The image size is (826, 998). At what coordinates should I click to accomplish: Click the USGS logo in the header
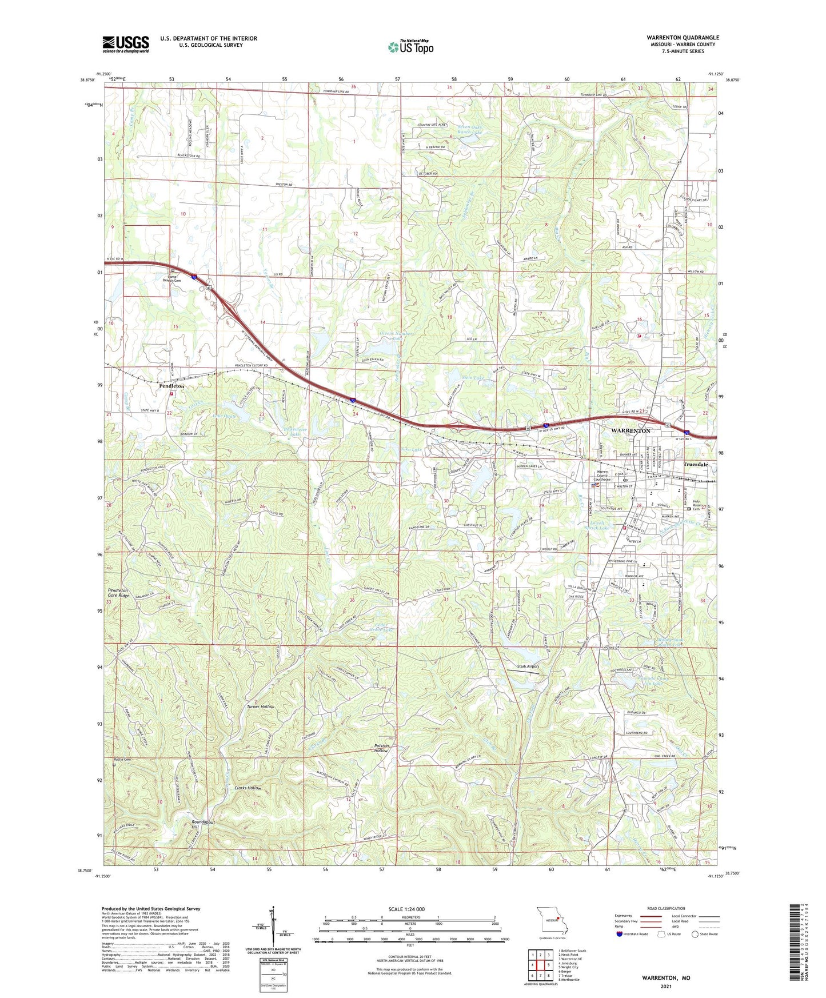[126, 44]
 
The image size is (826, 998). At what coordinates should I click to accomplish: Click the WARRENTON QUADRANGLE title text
[683, 38]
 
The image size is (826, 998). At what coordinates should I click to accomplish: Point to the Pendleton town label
[171, 386]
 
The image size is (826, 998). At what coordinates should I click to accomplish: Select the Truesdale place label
[696, 465]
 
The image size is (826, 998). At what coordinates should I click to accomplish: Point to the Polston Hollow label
[381, 748]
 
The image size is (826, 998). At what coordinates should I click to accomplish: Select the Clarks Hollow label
[248, 788]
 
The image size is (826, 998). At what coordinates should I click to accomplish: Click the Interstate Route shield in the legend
[620, 935]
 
